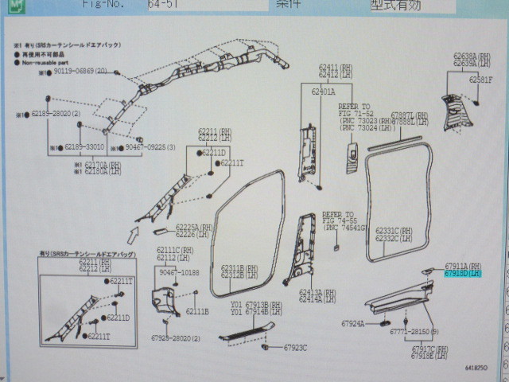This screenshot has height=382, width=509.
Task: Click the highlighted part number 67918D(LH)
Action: point(464,273)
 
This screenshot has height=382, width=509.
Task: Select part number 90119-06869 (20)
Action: point(80,71)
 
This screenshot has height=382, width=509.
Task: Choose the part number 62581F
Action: point(480,80)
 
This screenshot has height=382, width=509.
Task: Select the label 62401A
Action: point(323,92)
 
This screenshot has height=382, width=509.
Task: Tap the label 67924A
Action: point(352,324)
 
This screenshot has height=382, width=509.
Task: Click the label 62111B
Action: point(197,311)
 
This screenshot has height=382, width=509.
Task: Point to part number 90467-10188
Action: point(179,272)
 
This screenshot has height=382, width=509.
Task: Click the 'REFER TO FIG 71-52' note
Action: point(354,110)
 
